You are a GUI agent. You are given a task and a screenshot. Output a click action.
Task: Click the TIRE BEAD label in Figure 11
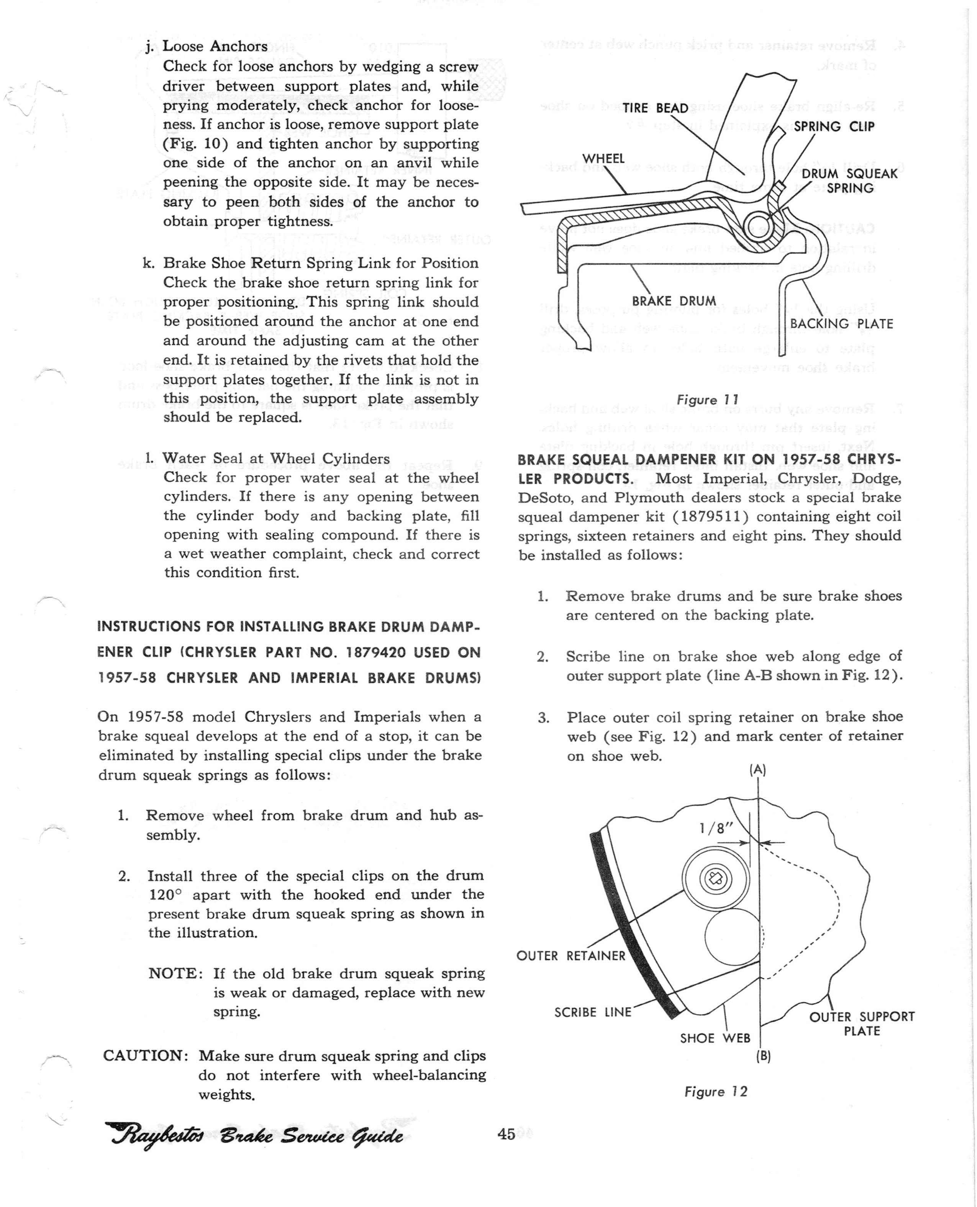pos(655,107)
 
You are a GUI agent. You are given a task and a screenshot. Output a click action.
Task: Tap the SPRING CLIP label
pos(834,126)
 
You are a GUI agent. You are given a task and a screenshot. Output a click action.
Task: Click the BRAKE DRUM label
pos(674,301)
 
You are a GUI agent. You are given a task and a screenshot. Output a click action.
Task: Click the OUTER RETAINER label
pos(570,956)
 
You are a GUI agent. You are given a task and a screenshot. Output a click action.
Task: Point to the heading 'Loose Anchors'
pos(215,46)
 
